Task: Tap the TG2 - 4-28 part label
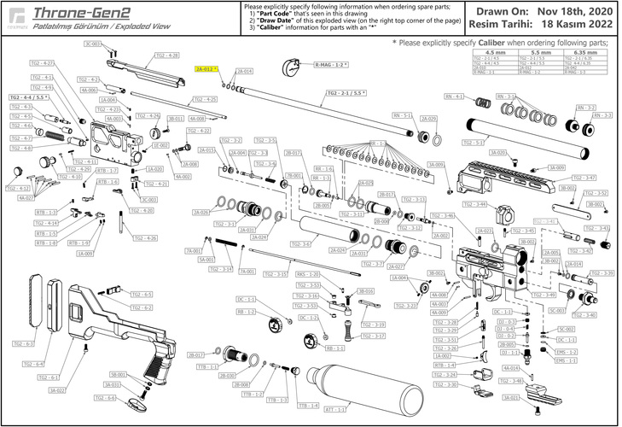click(166, 55)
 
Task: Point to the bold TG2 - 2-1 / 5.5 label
click(349, 91)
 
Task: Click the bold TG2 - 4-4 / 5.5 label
click(27, 98)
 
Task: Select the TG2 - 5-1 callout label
click(474, 143)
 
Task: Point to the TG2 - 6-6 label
click(105, 398)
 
